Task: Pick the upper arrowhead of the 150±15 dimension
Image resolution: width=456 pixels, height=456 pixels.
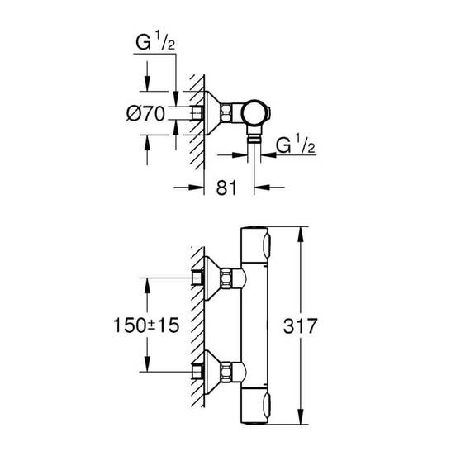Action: tap(147, 281)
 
